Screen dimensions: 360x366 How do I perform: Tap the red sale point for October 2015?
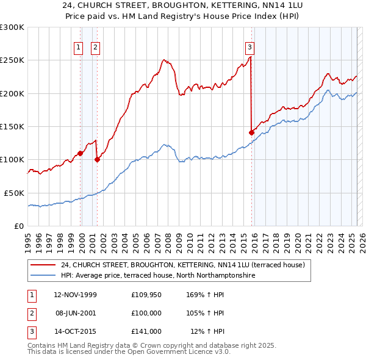pos(251,132)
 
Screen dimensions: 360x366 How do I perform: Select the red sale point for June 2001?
pos(97,159)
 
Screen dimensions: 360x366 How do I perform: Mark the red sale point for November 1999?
pos(81,153)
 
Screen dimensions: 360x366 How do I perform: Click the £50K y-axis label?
pos(14,193)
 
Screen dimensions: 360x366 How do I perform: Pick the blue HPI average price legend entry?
pos(157,276)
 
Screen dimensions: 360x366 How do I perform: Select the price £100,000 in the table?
pos(146,313)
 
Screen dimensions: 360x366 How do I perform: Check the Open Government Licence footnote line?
pos(129,352)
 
